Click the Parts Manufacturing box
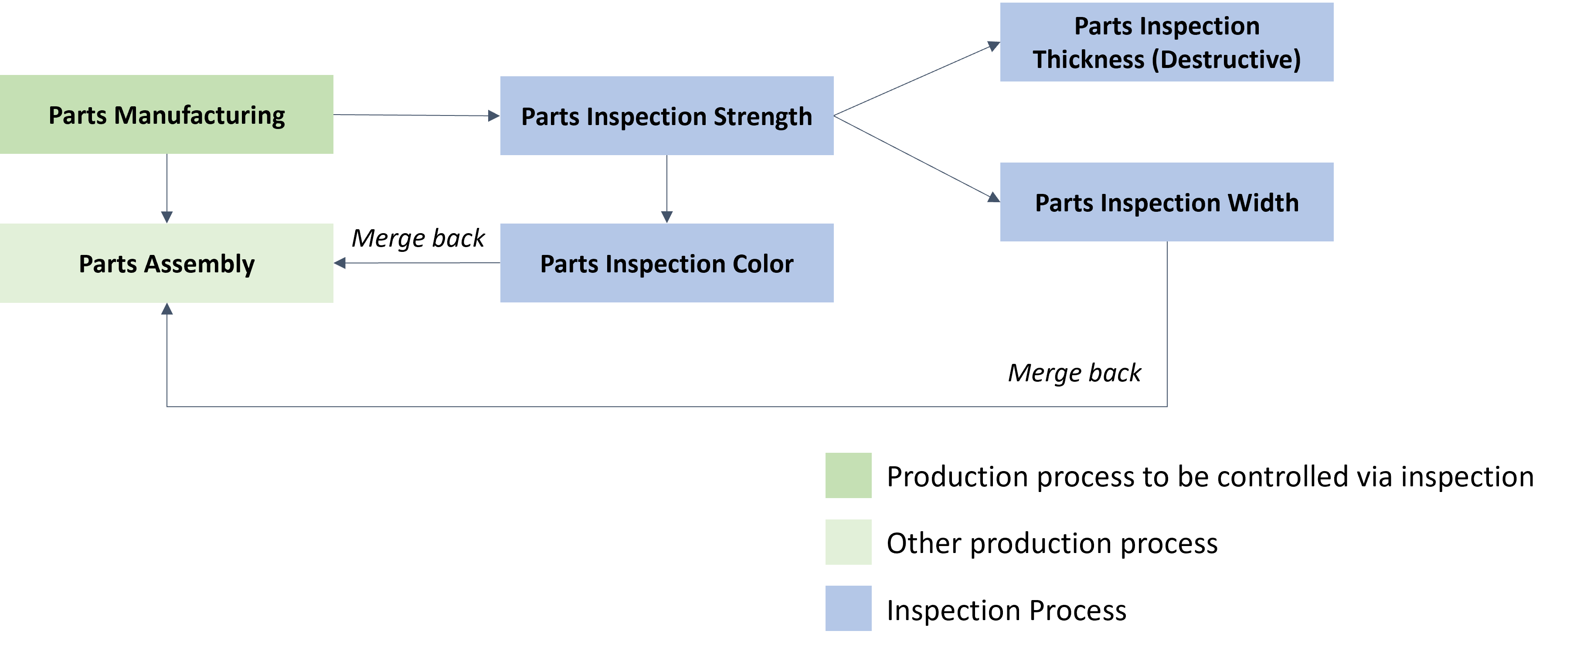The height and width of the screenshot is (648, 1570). coord(167,115)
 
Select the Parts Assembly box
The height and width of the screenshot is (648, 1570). coord(167,263)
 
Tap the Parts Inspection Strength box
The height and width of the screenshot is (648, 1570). coord(667,116)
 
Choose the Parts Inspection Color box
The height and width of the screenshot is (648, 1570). coord(667,263)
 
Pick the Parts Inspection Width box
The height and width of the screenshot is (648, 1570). coord(1166,202)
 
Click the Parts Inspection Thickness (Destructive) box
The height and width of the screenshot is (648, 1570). coord(1166,42)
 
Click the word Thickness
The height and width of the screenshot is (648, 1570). coord(1088,60)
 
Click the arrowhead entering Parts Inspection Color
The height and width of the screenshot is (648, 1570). coord(667,217)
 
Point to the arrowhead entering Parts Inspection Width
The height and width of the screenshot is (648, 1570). coord(993,197)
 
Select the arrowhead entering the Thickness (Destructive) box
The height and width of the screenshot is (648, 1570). coord(993,46)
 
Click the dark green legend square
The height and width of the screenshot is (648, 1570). coord(848,475)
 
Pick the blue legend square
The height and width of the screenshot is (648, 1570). coord(848,608)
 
